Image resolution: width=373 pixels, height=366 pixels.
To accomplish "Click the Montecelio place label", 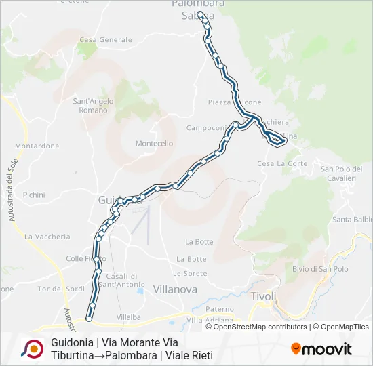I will pos(154,144).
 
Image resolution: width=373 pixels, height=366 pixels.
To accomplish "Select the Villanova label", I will pos(175,289).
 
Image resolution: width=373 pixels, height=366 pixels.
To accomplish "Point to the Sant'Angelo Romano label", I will pos(93,106).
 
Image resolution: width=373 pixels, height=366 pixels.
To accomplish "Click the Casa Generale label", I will pos(105,40).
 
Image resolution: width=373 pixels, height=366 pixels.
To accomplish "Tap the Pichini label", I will pos(33,195).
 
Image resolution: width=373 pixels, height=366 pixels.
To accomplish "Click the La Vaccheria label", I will pos(47,237).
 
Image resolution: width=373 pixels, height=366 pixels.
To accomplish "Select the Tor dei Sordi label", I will pos(61,289).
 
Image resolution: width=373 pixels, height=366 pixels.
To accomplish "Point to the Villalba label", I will pos(128,317).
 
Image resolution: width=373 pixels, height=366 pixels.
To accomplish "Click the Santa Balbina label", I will pos(353,220).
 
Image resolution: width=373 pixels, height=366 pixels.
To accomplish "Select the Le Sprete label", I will pos(189,273).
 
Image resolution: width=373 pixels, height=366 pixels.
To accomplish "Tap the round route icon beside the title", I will pos(32,348).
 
